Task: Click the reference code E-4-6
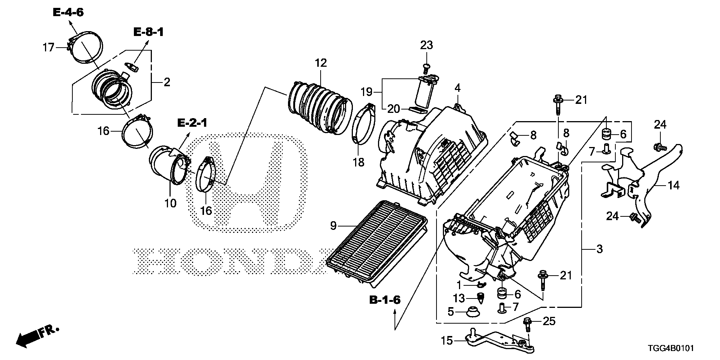(68, 12)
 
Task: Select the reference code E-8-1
(148, 32)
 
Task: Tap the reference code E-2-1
(192, 123)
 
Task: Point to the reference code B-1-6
(385, 300)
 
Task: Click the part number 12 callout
(321, 63)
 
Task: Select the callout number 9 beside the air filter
(333, 225)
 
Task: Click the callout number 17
(48, 48)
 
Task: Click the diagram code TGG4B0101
(670, 349)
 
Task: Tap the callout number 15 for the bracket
(447, 341)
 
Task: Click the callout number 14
(674, 185)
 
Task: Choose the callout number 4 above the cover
(457, 88)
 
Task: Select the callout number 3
(599, 249)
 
